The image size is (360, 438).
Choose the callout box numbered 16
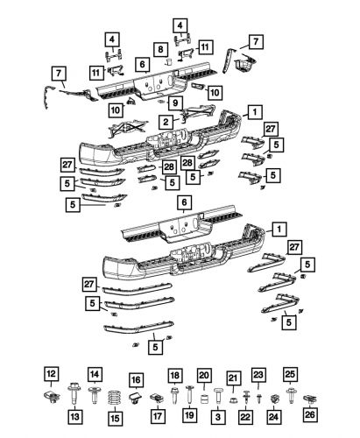[x=136, y=379]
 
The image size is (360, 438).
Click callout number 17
[x=158, y=414]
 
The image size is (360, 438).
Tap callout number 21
[x=233, y=378]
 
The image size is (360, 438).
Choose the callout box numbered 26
[x=308, y=414]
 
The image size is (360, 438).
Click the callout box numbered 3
[x=216, y=414]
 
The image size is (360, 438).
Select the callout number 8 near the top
[x=161, y=49]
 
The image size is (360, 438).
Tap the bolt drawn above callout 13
[x=72, y=393]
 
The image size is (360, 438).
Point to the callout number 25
[x=290, y=373]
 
